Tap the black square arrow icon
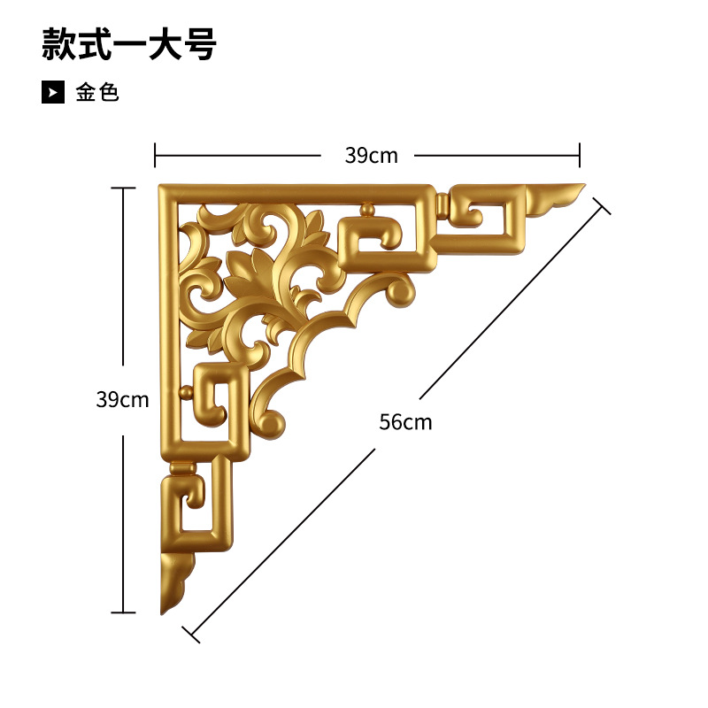(53, 92)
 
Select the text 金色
(97, 92)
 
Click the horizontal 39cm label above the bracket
(371, 156)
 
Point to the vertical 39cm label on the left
(122, 399)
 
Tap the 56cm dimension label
(405, 422)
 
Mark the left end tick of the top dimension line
(155, 155)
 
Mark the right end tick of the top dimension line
(580, 155)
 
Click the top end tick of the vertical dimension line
(122, 188)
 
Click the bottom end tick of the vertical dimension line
(122, 612)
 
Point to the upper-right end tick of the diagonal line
(602, 206)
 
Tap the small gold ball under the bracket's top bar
(367, 210)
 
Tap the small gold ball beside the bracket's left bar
(185, 391)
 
